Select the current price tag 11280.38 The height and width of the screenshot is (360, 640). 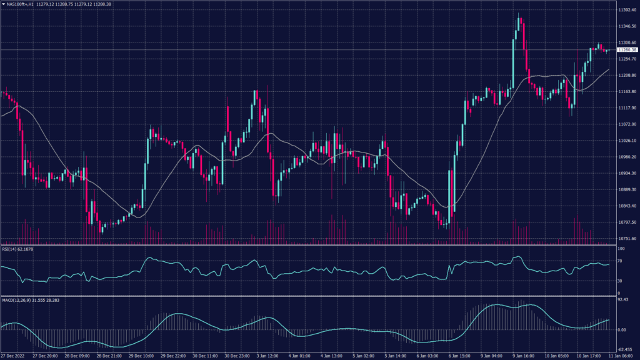coord(626,50)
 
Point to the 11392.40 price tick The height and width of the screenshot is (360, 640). coord(626,11)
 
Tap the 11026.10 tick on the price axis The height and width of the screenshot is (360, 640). coord(626,141)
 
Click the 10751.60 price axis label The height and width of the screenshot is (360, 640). coord(626,238)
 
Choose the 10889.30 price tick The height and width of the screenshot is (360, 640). coord(626,189)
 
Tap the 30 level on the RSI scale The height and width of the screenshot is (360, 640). coord(619,281)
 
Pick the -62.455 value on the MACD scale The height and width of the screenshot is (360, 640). coord(625,350)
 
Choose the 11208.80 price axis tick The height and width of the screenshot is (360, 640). coord(626,75)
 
